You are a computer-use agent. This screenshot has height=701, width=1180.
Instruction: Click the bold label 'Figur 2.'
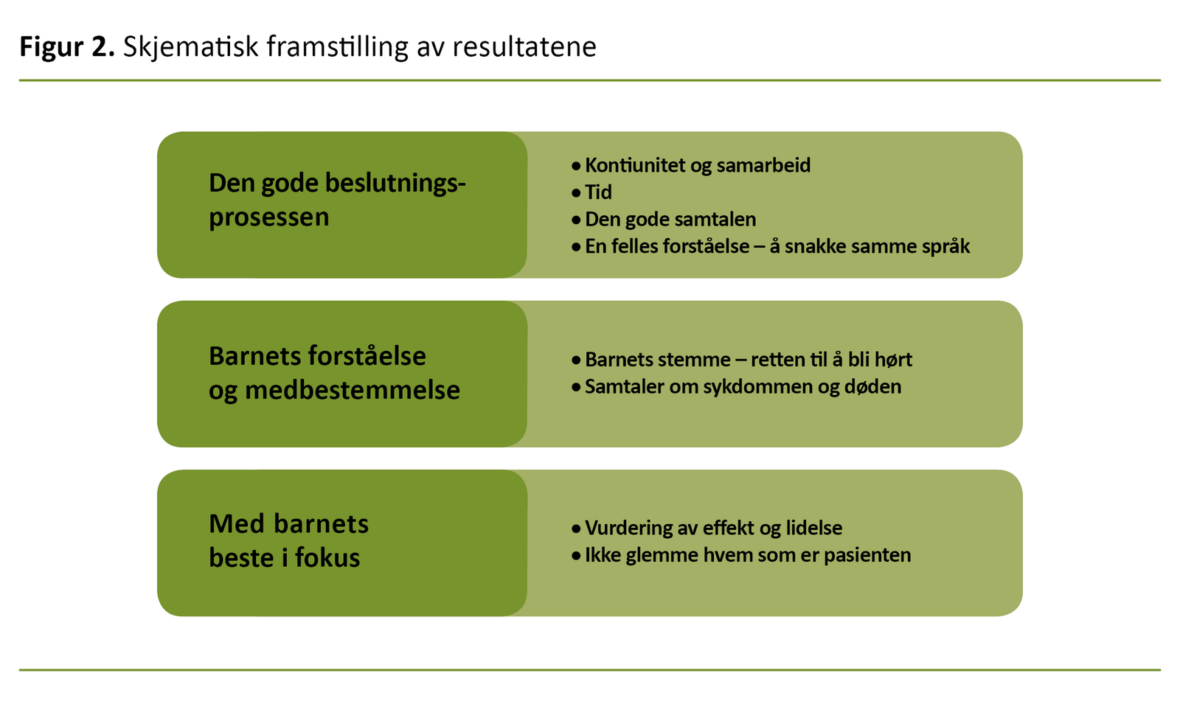(x=67, y=47)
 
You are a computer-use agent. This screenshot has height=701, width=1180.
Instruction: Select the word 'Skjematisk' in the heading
(x=191, y=47)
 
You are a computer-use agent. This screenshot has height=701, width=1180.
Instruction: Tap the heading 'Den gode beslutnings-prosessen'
(x=337, y=200)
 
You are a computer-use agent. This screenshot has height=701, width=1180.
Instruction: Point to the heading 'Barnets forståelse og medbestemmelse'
(x=333, y=373)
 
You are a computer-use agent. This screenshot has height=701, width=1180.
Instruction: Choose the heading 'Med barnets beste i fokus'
(x=288, y=541)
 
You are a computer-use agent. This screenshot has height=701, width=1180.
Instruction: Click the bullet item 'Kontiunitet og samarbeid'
(x=697, y=165)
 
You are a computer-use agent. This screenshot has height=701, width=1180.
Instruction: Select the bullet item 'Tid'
(x=598, y=192)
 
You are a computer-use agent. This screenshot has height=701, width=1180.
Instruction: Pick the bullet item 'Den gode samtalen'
(x=670, y=220)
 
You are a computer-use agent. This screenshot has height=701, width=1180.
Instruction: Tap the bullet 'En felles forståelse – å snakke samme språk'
(x=777, y=246)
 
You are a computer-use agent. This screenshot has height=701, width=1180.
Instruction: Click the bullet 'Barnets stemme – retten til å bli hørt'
(x=748, y=360)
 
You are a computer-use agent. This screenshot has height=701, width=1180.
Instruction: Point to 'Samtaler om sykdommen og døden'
(x=743, y=387)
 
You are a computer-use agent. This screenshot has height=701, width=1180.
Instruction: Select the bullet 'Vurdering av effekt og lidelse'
(x=713, y=528)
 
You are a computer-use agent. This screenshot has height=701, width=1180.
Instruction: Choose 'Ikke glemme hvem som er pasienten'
(x=747, y=555)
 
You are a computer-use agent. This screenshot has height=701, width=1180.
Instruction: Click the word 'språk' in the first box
(x=945, y=247)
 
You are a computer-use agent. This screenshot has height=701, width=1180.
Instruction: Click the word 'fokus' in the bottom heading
(x=327, y=558)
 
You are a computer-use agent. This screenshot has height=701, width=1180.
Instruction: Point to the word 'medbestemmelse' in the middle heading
(x=352, y=390)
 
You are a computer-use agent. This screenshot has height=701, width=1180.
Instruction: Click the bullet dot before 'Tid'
(x=576, y=193)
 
